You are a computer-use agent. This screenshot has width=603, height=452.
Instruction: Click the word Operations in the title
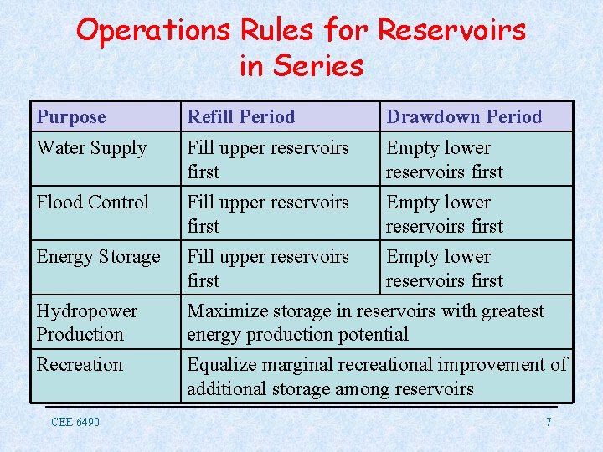(154, 30)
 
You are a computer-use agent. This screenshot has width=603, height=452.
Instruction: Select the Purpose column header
(71, 117)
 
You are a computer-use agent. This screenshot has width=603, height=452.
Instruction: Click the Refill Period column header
(241, 117)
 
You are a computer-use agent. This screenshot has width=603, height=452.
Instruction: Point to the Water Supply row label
(91, 148)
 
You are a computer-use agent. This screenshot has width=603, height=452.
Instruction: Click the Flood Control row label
(93, 203)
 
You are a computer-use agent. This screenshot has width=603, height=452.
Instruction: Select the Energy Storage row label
(98, 257)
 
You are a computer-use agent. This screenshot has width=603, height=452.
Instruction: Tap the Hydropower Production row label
(87, 322)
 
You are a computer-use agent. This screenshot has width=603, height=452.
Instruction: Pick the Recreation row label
(80, 365)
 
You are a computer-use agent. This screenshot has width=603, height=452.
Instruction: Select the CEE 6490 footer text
(75, 422)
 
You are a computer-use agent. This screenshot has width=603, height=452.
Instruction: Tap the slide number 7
(549, 422)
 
